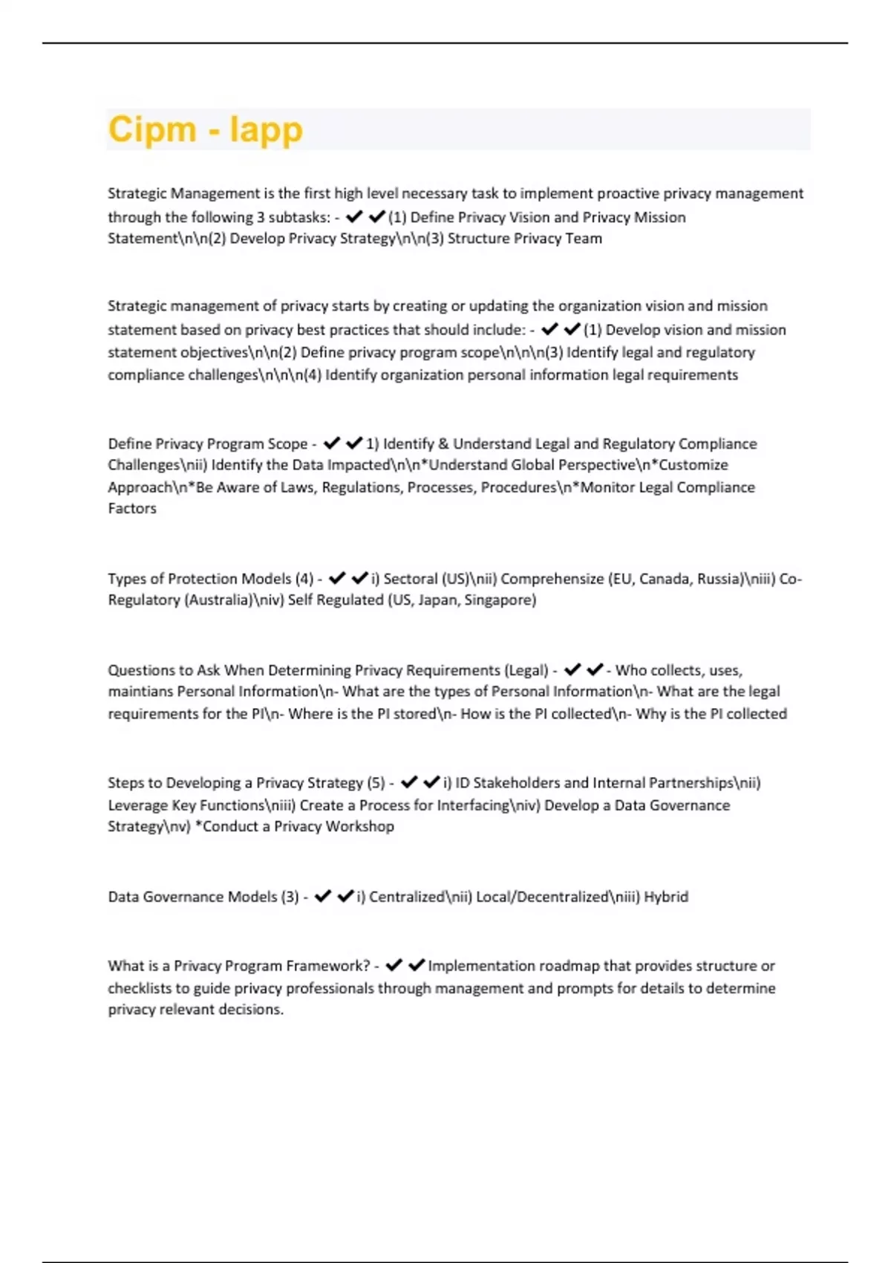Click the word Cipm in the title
click(x=151, y=129)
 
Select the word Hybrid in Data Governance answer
click(x=666, y=897)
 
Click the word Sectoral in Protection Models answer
click(x=410, y=579)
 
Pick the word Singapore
click(x=500, y=600)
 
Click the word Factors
click(x=132, y=508)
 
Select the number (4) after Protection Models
click(x=304, y=579)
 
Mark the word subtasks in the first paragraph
click(x=299, y=217)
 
